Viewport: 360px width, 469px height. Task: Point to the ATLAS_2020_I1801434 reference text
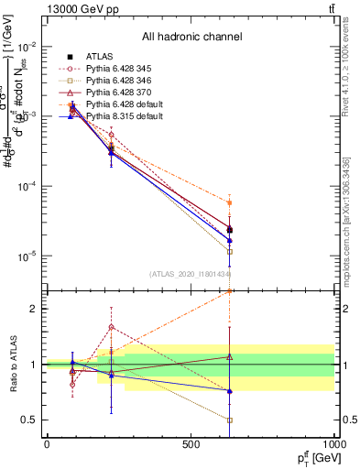tap(191, 274)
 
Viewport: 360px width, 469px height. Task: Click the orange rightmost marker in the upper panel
tap(230, 202)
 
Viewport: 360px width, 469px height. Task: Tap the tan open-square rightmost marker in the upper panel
tap(230, 251)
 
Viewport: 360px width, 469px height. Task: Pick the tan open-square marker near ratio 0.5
tap(230, 420)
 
